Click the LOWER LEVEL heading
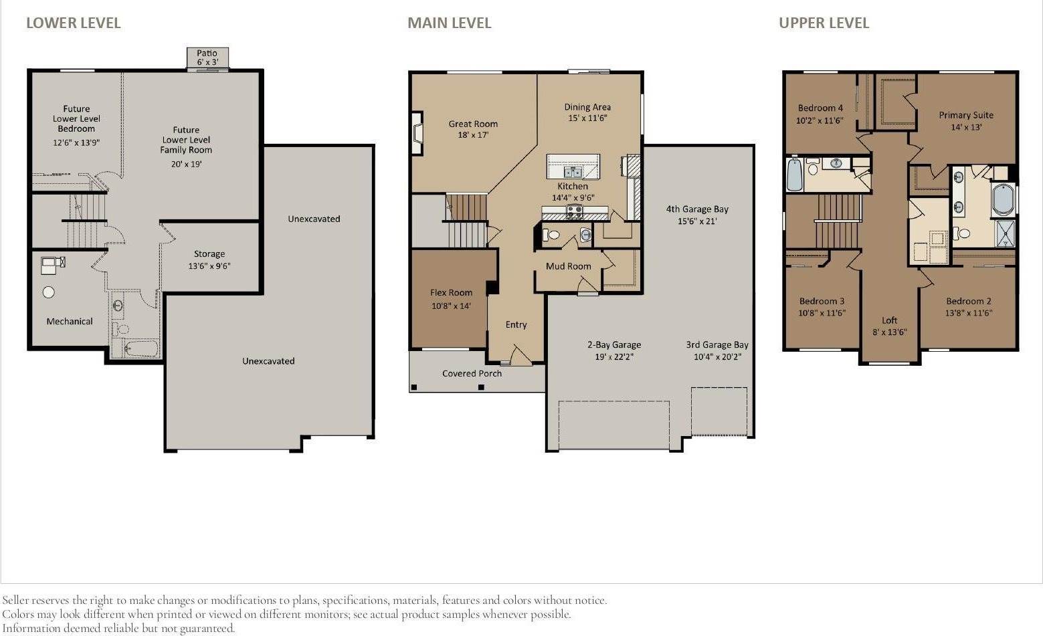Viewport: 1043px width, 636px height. (73, 23)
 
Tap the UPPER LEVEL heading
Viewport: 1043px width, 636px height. (824, 23)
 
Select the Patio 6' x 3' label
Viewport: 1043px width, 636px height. (207, 58)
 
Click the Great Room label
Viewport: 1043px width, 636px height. (473, 124)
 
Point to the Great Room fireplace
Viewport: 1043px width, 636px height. (417, 132)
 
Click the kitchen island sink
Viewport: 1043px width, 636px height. (573, 173)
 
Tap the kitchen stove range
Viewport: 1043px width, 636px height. (574, 212)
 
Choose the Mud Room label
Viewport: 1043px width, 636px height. (569, 266)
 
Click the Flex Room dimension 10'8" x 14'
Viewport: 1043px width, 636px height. (451, 306)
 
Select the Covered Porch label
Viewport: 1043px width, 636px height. (472, 373)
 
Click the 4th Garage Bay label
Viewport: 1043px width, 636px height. (697, 209)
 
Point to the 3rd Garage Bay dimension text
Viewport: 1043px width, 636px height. (717, 356)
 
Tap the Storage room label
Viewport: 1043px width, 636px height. (209, 253)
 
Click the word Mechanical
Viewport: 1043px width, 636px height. (70, 321)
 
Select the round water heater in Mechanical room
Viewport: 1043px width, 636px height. (48, 292)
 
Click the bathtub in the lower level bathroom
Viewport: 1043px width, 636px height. (142, 348)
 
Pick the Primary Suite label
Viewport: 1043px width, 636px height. (965, 115)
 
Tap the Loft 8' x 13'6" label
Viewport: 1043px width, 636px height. (889, 326)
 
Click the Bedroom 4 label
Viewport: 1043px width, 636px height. (820, 108)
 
